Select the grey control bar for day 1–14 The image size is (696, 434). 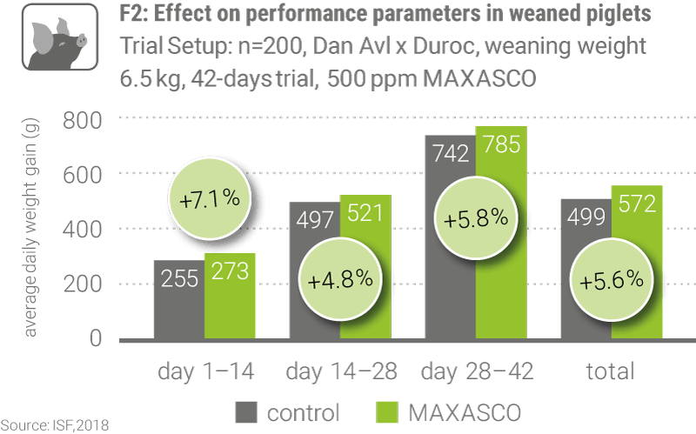(178, 299)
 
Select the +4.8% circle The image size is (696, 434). (341, 280)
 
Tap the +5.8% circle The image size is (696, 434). (476, 217)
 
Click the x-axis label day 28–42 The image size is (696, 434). (476, 372)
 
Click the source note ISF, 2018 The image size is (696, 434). (56, 425)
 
